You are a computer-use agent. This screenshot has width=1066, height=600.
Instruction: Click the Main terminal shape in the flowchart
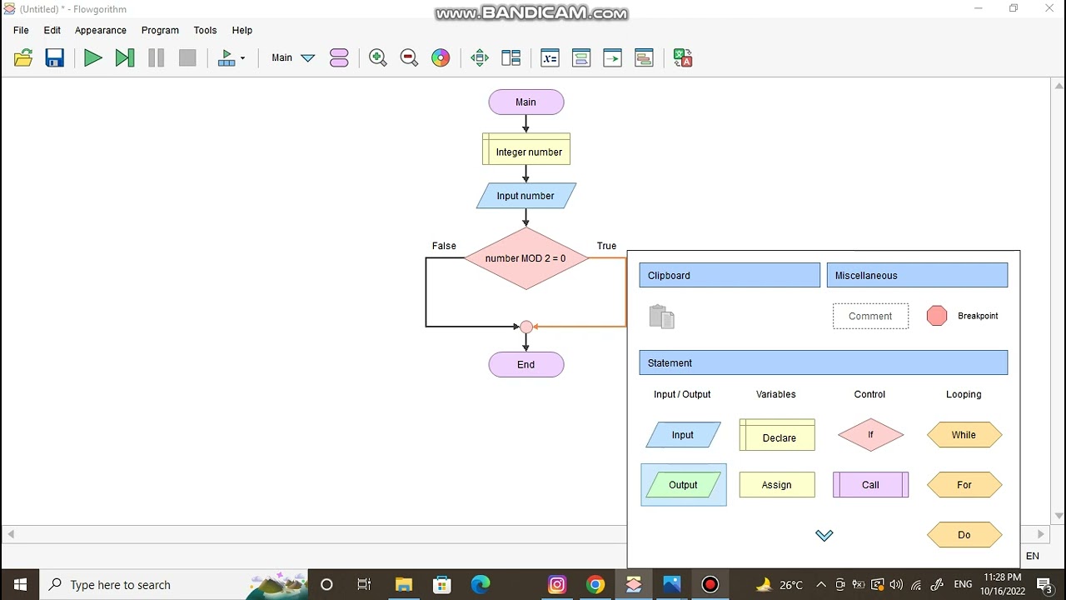[526, 102]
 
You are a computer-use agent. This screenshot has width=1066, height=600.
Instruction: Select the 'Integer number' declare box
[526, 151]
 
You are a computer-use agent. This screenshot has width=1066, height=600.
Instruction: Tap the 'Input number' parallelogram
[526, 196]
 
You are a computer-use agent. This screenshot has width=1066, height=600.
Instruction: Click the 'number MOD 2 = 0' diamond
[526, 258]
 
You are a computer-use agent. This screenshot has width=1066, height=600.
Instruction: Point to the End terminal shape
[526, 364]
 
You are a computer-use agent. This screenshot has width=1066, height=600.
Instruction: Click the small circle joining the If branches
[526, 327]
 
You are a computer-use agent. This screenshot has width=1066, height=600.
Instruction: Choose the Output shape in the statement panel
[683, 485]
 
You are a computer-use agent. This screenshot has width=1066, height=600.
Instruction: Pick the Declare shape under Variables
[777, 436]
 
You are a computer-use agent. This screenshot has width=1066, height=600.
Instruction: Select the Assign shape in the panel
[776, 485]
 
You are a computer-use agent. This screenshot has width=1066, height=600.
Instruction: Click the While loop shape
[964, 435]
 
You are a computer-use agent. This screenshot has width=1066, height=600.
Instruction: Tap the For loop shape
[964, 485]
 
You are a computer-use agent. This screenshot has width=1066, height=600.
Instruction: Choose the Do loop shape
[964, 535]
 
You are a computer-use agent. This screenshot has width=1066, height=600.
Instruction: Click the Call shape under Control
[870, 485]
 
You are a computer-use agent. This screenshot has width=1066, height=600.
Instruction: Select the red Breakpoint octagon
[937, 316]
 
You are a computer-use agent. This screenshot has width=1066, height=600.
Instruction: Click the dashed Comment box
[870, 316]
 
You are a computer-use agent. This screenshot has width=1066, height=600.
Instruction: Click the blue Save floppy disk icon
[55, 57]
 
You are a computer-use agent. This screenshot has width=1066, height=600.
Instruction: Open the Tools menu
[205, 30]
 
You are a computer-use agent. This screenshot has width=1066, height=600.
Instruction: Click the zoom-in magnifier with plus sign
[378, 57]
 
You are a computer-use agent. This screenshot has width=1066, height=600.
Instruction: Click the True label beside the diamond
[606, 246]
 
